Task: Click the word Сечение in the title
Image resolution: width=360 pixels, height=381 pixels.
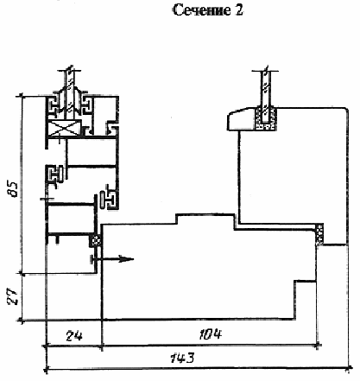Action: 201,10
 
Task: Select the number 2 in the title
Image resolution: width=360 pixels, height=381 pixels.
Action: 239,10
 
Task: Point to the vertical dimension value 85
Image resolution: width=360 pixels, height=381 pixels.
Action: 14,189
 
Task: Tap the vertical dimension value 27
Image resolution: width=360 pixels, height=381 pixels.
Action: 13,296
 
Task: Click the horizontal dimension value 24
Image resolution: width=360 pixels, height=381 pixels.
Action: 74,335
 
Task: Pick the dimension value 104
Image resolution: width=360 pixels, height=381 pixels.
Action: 211,334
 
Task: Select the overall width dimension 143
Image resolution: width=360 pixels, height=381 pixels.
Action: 182,358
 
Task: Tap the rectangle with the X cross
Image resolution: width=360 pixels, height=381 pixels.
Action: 64,128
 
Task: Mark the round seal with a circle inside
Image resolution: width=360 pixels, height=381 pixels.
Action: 96,240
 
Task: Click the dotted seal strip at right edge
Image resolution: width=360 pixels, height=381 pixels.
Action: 319,234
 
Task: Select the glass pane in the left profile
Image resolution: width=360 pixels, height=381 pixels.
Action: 70,92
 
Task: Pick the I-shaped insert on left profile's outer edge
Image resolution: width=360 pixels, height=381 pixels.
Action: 54,174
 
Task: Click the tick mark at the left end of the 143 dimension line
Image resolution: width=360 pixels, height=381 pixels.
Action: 46,368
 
